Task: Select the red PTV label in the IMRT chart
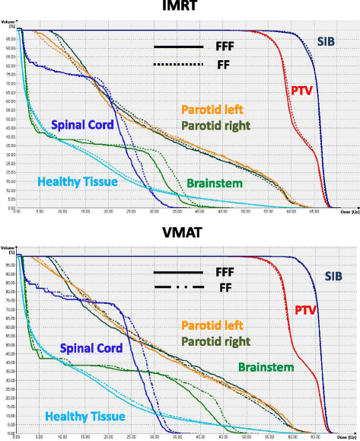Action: [301, 91]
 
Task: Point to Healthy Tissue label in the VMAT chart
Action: [93, 416]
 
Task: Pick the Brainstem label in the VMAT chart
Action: [266, 366]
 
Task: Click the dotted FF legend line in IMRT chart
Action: [178, 66]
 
